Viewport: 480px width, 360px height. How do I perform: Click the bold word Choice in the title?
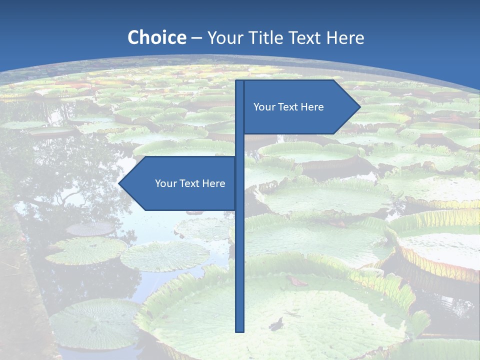pyautogui.click(x=156, y=37)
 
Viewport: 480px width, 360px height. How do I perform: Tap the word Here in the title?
pyautogui.click(x=345, y=37)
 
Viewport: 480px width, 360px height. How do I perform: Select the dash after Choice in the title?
pyautogui.click(x=196, y=38)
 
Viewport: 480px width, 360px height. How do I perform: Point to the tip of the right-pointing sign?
pyautogui.click(x=359, y=106)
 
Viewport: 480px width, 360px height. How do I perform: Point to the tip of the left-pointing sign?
pyautogui.click(x=119, y=183)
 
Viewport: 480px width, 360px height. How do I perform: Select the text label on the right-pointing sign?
pyautogui.click(x=288, y=107)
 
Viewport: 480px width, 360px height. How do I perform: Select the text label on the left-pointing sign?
pyautogui.click(x=190, y=183)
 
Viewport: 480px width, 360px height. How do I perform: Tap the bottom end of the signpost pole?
pyautogui.click(x=239, y=330)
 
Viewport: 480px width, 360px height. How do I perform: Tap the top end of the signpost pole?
pyautogui.click(x=239, y=81)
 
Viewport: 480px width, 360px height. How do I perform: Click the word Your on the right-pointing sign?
pyautogui.click(x=263, y=107)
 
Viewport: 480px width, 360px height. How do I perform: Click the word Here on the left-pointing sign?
pyautogui.click(x=213, y=183)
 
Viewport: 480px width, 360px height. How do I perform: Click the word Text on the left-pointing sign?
pyautogui.click(x=189, y=183)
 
